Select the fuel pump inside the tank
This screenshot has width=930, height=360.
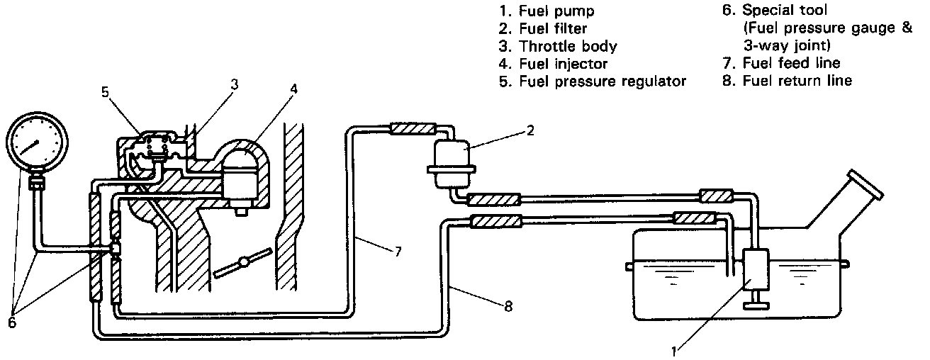tap(758, 273)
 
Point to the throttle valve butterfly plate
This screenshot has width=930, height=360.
tap(243, 263)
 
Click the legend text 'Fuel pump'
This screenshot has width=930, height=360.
tap(556, 12)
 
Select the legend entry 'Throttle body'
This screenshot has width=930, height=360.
tap(568, 47)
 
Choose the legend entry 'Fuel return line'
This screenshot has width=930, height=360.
tap(797, 81)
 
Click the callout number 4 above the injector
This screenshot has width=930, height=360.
tap(294, 91)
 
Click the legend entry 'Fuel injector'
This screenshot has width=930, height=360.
tap(564, 64)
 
